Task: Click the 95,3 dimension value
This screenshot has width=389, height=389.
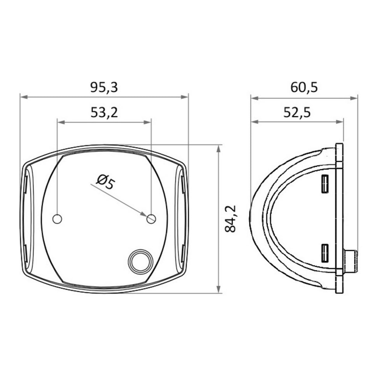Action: click(x=104, y=88)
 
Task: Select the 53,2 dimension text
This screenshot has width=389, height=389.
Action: click(x=104, y=112)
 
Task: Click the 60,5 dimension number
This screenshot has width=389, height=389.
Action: click(x=304, y=88)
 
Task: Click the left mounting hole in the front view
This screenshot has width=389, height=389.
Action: click(x=57, y=219)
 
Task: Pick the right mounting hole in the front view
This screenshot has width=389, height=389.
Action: click(x=151, y=219)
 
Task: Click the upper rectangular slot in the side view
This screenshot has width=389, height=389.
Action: click(x=324, y=184)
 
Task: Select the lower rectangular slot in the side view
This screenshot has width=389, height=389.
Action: click(x=324, y=254)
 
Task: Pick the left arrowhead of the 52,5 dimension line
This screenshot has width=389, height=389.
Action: click(x=254, y=122)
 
